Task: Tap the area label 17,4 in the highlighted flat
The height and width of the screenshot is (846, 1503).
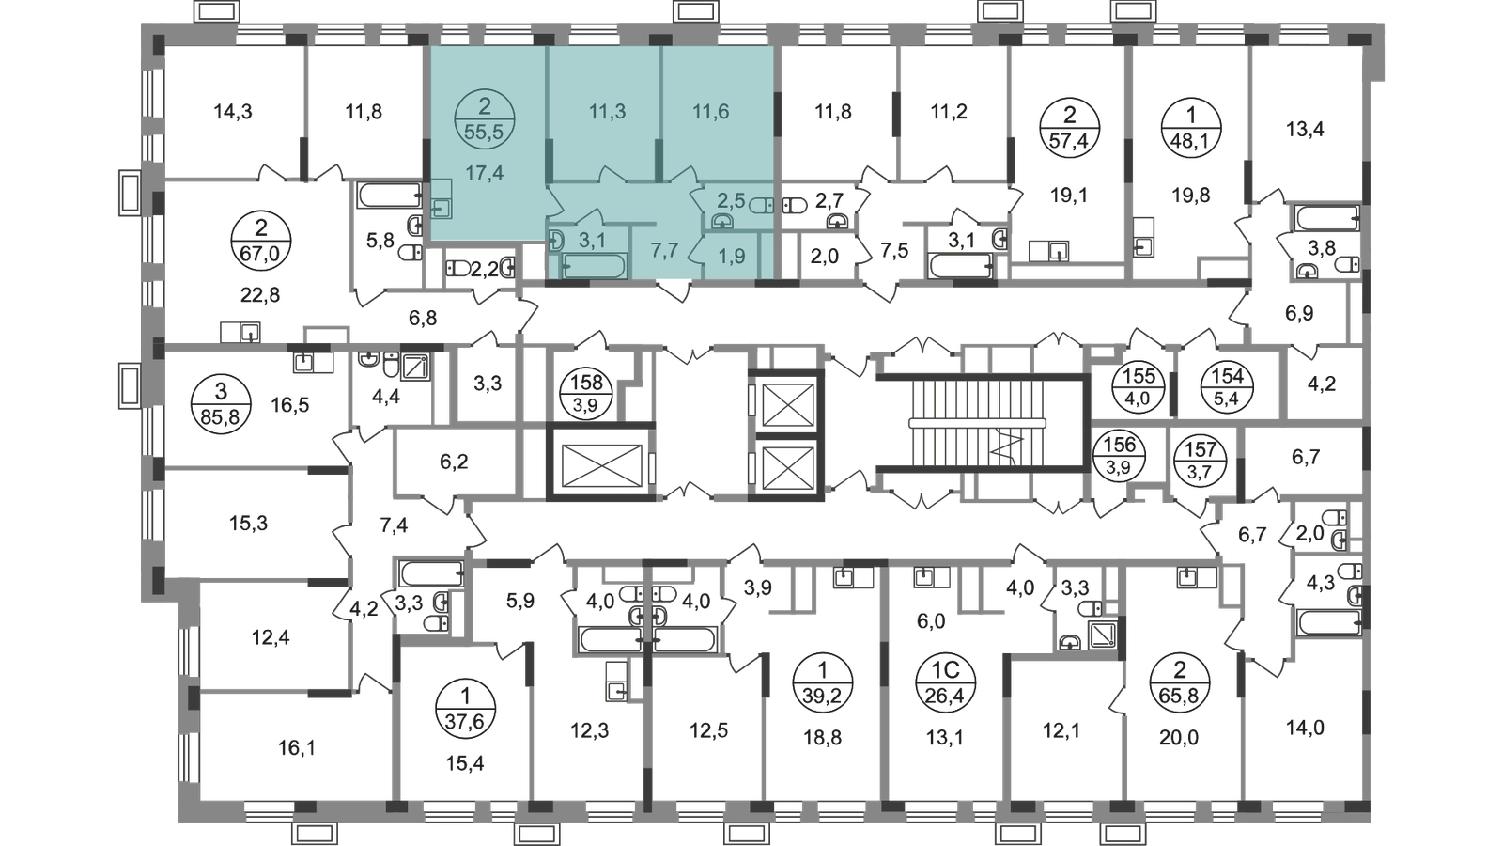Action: tap(485, 173)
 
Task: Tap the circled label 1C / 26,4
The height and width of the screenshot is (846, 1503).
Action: tap(946, 681)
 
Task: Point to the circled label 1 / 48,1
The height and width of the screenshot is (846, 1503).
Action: tap(1191, 127)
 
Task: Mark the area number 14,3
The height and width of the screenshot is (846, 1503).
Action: tap(233, 112)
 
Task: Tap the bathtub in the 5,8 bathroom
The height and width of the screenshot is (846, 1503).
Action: tap(389, 196)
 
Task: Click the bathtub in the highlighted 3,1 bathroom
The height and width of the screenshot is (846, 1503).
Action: tap(596, 266)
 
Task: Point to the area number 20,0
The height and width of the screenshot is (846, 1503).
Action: tap(1179, 738)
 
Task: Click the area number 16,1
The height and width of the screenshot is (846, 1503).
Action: tap(297, 748)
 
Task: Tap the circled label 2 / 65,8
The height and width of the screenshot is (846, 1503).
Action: tap(1179, 682)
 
